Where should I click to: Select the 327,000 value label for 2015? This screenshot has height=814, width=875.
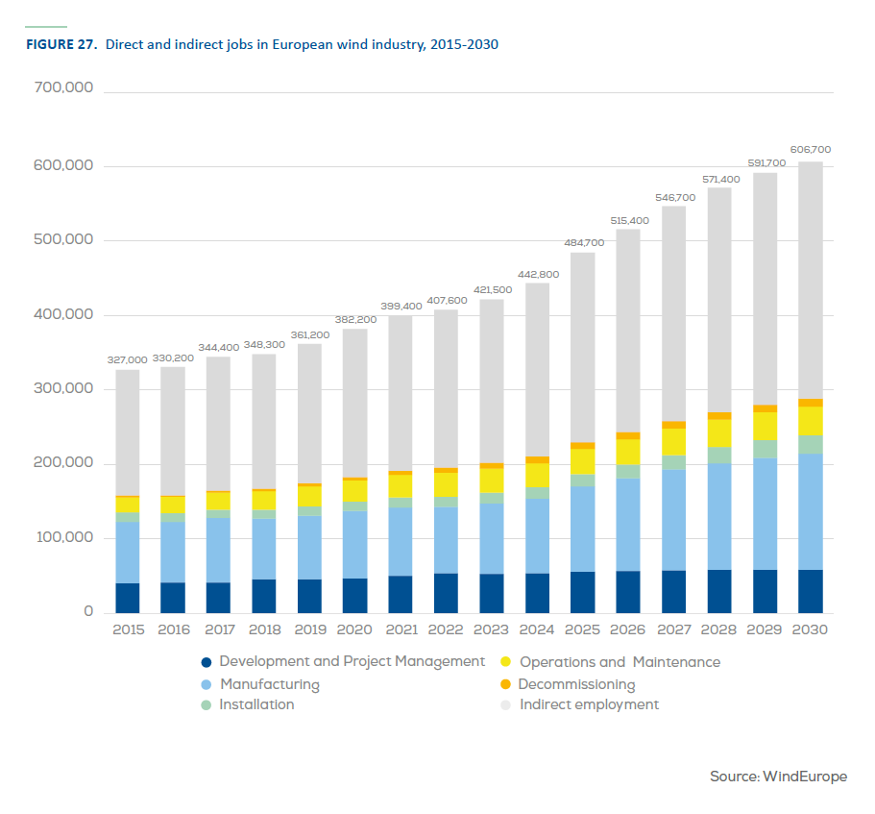[128, 359]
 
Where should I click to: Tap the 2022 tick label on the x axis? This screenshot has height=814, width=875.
[446, 629]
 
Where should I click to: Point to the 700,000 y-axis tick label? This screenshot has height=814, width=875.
[62, 88]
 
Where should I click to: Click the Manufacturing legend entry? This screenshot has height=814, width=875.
[269, 684]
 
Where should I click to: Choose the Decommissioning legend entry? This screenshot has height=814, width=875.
[576, 684]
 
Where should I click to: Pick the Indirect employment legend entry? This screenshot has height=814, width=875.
[589, 704]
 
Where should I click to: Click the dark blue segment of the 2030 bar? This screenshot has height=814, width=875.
[811, 591]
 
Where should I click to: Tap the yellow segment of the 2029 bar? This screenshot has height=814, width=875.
[765, 426]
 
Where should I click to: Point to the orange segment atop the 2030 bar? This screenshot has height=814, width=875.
[811, 403]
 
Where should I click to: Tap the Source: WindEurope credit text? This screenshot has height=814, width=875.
[778, 776]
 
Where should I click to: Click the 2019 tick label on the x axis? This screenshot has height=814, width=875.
[309, 629]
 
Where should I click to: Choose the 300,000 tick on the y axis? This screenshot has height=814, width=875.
[62, 389]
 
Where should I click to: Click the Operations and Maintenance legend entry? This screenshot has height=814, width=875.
[620, 662]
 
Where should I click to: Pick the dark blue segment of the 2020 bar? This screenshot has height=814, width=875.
[355, 595]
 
